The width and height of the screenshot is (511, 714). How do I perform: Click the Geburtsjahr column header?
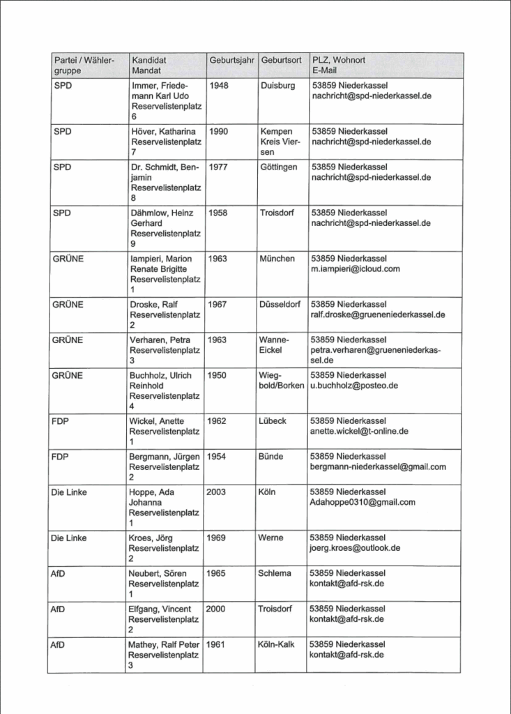pyautogui.click(x=231, y=61)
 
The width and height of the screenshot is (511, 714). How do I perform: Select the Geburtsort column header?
pyautogui.click(x=281, y=61)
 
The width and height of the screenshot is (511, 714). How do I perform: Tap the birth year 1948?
pyautogui.click(x=218, y=85)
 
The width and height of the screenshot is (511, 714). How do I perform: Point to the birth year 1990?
pyautogui.click(x=218, y=131)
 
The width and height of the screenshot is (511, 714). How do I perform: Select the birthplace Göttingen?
pyautogui.click(x=279, y=167)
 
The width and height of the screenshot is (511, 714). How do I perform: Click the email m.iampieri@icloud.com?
pyautogui.click(x=356, y=268)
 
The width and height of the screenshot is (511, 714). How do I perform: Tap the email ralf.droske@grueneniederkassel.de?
pyautogui.click(x=377, y=314)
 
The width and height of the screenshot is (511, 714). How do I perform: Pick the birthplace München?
pyautogui.click(x=277, y=259)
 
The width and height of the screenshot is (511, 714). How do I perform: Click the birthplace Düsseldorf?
pyautogui.click(x=280, y=305)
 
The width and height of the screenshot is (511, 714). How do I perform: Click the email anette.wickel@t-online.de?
pyautogui.click(x=359, y=431)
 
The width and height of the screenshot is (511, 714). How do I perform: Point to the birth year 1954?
pyautogui.click(x=217, y=457)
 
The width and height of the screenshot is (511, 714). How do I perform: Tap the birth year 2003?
pyautogui.click(x=216, y=492)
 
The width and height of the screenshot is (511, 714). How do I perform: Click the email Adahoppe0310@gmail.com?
pyautogui.click(x=362, y=502)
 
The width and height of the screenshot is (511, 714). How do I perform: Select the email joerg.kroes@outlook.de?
pyautogui.click(x=355, y=548)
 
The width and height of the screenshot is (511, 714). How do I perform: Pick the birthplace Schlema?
pyautogui.click(x=274, y=573)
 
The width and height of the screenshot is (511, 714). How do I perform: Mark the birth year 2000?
pyautogui.click(x=216, y=609)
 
